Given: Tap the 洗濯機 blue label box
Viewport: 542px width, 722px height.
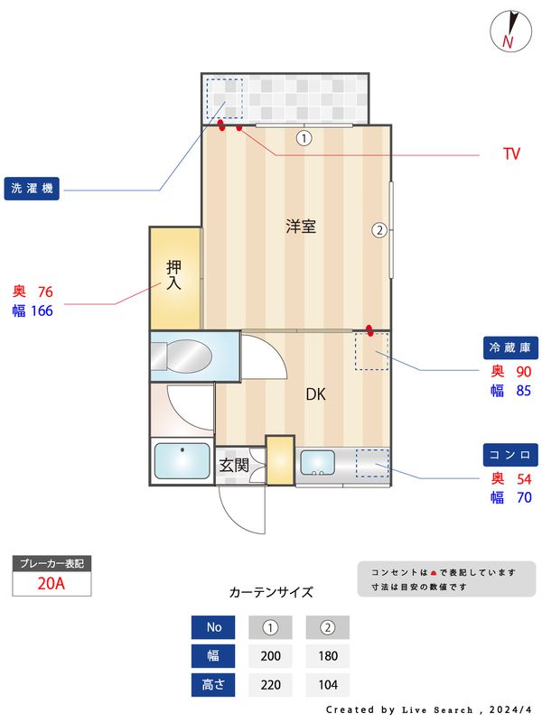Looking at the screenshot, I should [32, 190].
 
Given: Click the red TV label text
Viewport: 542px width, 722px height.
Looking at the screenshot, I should [511, 154].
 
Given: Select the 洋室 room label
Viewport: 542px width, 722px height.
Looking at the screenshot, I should [301, 227].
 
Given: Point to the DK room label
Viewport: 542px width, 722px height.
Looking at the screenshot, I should [315, 394].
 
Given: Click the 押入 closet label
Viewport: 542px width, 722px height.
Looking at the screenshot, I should [174, 274].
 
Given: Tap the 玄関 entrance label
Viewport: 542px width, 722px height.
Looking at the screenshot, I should [234, 466].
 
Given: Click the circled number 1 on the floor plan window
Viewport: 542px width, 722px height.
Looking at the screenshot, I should [304, 138].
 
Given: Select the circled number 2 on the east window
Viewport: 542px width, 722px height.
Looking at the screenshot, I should [379, 229].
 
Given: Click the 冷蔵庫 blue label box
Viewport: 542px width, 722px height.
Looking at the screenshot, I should [512, 347].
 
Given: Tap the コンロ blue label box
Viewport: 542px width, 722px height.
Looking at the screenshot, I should [512, 454].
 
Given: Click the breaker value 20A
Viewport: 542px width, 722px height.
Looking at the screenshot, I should [51, 583].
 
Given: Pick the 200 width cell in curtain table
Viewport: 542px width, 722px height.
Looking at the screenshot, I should [270, 656].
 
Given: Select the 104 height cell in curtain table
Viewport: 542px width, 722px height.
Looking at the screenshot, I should [327, 685].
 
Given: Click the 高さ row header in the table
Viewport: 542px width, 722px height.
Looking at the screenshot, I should [213, 685].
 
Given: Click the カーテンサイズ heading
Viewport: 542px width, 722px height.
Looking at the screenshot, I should [271, 593].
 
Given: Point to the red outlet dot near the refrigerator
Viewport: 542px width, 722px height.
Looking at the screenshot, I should [369, 329].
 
